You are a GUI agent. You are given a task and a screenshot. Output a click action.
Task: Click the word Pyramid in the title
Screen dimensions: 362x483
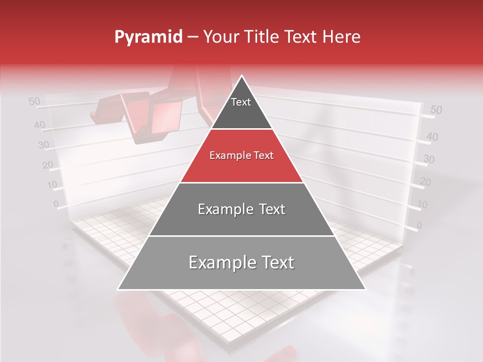(148, 37)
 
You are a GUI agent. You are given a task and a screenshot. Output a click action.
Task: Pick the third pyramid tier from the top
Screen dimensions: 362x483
(242, 209)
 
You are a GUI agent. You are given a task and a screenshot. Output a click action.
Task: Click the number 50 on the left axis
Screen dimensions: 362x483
(34, 102)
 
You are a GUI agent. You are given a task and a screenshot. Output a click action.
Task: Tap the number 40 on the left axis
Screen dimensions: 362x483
(39, 125)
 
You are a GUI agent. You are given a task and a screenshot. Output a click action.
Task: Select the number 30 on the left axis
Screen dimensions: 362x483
(44, 145)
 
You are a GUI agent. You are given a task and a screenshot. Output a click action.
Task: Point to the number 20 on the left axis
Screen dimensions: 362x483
(48, 164)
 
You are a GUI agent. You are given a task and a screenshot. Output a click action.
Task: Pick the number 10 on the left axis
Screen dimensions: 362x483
(52, 185)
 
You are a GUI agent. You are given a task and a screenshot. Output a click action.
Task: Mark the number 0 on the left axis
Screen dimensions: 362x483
(56, 204)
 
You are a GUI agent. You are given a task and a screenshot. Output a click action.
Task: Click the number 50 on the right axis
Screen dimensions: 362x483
(436, 110)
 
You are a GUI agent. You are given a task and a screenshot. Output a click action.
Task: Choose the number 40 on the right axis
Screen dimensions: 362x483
(432, 136)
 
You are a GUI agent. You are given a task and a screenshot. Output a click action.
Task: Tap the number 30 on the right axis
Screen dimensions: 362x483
(429, 159)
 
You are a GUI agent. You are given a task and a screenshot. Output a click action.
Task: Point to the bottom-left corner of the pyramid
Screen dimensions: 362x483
(118, 290)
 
